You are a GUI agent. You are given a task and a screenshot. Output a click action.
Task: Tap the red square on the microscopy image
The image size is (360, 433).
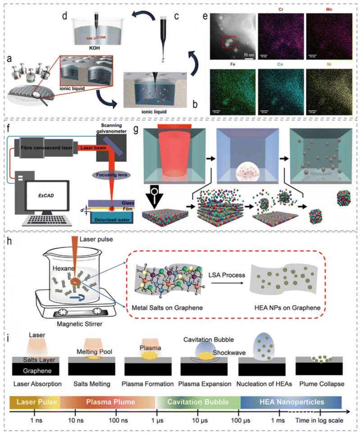229,43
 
